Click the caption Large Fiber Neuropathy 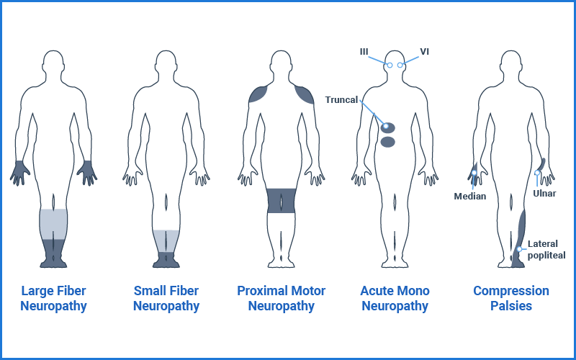(x=53, y=299)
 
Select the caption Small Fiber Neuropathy (x=166, y=299)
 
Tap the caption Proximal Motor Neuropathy (x=281, y=299)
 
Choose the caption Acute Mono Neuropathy (x=395, y=299)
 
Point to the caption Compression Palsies (x=510, y=299)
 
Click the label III (x=365, y=52)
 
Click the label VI (x=424, y=52)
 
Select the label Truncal (x=341, y=100)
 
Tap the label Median (x=469, y=196)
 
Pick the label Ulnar (x=544, y=193)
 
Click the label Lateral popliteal (x=546, y=249)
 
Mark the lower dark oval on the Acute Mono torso (x=388, y=142)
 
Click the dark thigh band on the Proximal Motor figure (x=281, y=200)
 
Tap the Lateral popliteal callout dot (x=519, y=250)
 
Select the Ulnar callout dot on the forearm (x=537, y=173)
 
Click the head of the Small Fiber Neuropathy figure (x=166, y=63)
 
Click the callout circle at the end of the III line (x=389, y=66)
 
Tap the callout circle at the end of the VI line (x=401, y=66)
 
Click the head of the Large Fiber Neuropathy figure (x=53, y=63)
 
